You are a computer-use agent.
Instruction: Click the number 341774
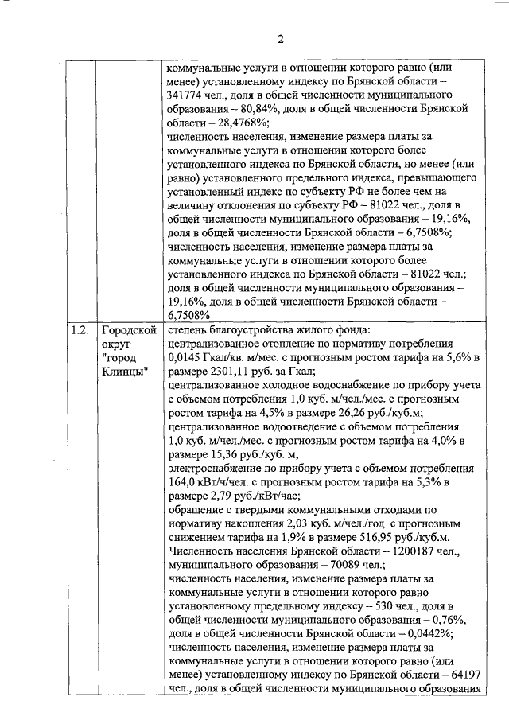(x=188, y=94)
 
